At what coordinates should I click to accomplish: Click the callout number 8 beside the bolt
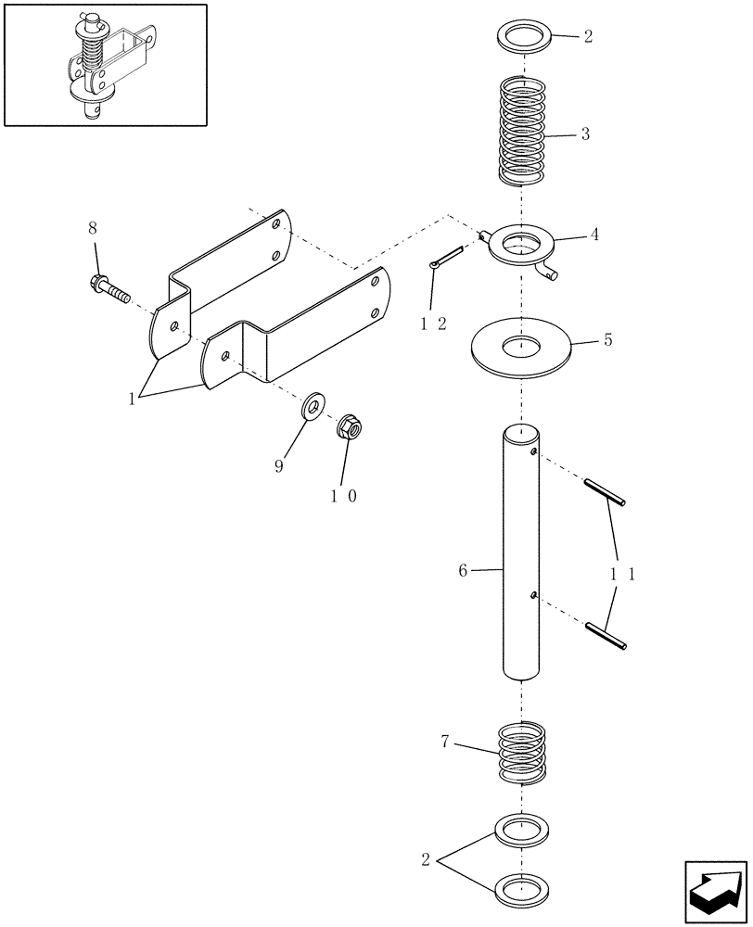click(x=92, y=227)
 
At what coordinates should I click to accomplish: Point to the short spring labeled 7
click(x=521, y=753)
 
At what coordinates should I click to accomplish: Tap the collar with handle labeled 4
click(x=521, y=248)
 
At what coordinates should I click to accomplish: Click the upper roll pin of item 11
click(x=605, y=491)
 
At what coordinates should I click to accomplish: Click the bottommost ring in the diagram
click(x=523, y=890)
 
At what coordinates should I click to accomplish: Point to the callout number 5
click(x=607, y=340)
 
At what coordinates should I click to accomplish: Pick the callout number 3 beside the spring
click(x=585, y=134)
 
